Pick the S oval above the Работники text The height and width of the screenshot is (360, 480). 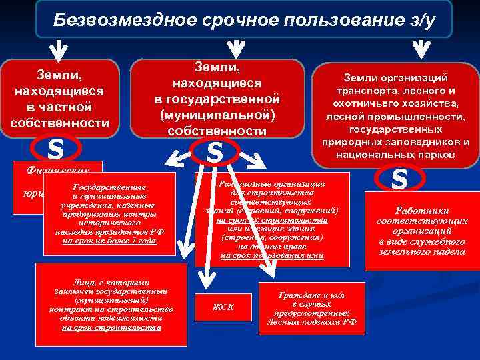tap(399, 179)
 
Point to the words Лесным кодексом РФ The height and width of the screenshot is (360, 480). tap(311, 321)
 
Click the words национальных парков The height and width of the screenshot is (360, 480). tap(399, 154)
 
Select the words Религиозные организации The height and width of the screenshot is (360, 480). tap(271, 183)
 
